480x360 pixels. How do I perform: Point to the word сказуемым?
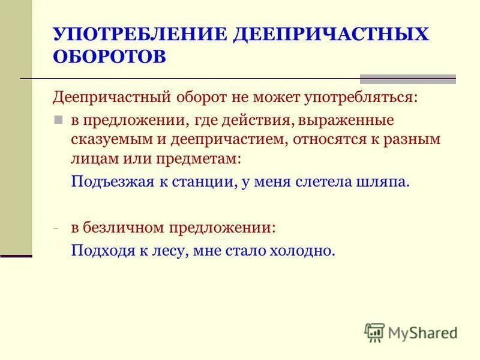(105, 140)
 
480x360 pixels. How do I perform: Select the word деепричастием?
(213, 140)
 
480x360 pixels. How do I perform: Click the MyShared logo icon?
(374, 332)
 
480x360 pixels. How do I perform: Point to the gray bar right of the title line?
(407, 79)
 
